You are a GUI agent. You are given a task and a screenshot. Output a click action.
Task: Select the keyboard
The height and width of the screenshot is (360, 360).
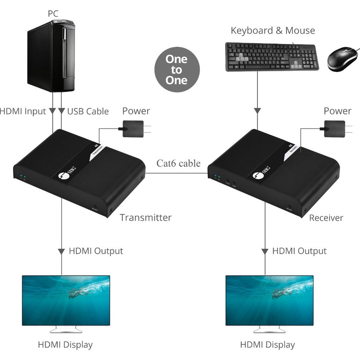point(272,56)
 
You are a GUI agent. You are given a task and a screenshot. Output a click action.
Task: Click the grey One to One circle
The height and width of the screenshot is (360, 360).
point(176,70)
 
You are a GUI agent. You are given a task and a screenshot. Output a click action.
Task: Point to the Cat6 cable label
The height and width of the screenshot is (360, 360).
point(178,163)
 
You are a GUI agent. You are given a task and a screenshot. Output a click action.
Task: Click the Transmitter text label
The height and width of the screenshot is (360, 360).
point(146,218)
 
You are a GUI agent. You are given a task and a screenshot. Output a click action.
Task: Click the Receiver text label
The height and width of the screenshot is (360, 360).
point(326,218)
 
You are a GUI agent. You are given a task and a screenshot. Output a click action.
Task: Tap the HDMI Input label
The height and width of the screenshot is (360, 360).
point(23,111)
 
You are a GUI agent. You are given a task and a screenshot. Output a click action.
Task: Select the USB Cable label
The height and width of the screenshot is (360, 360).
point(88,111)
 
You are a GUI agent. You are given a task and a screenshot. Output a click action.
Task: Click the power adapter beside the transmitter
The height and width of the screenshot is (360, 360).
point(133,129)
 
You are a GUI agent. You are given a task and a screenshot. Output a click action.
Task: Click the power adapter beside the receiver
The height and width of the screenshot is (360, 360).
point(334,129)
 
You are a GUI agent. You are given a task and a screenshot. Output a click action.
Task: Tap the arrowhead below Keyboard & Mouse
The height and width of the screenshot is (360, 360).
point(258,110)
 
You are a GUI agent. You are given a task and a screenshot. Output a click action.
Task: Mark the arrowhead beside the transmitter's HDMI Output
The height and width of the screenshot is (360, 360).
point(61,252)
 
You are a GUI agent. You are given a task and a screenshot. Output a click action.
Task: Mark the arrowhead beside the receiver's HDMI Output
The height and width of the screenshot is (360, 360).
point(265,252)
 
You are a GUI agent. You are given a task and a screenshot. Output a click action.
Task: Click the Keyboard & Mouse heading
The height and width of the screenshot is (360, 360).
point(272,30)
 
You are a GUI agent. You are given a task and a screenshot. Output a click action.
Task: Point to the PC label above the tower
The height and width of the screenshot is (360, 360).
point(53,13)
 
